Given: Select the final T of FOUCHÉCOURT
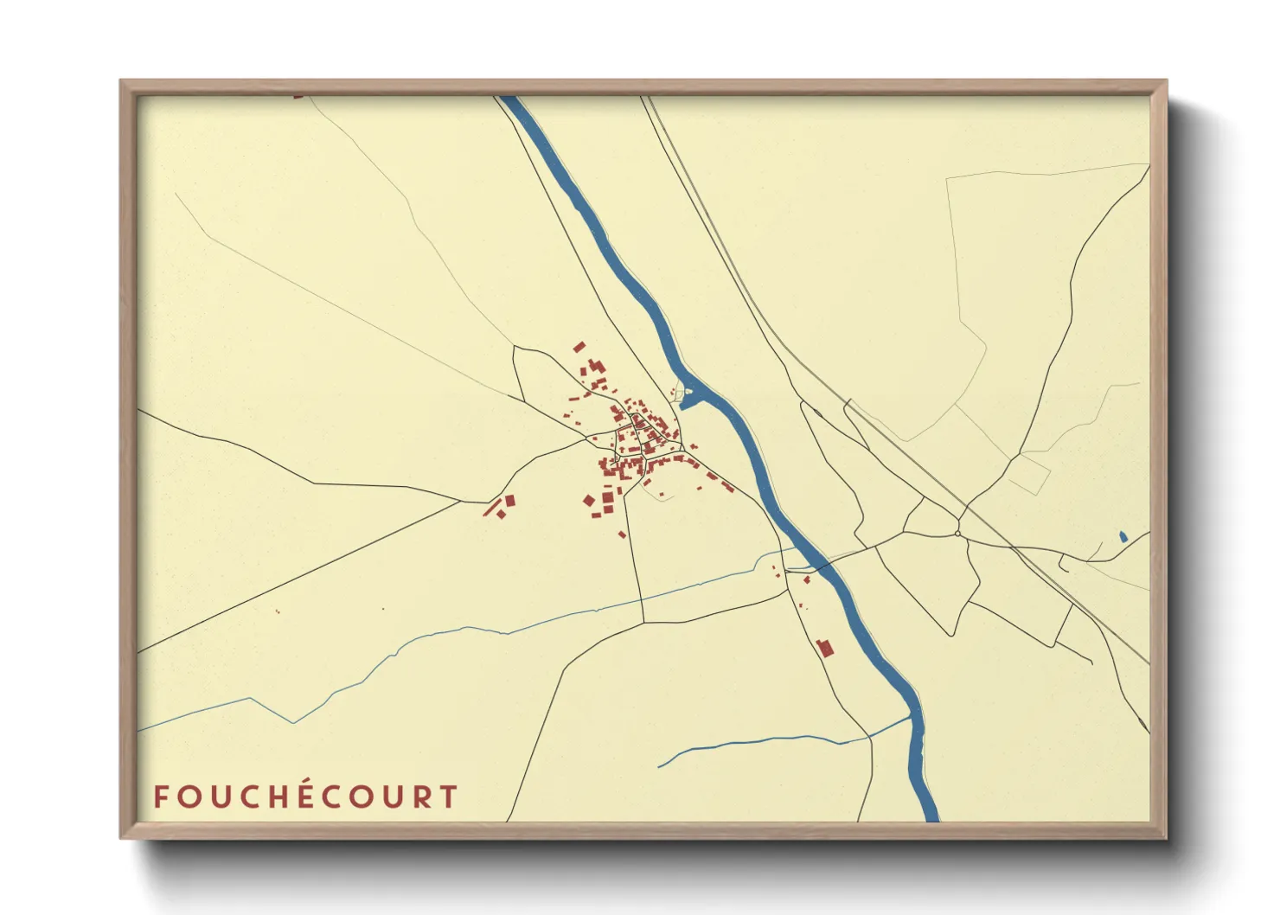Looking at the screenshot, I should tap(449, 797).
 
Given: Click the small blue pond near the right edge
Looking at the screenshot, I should tap(1123, 537).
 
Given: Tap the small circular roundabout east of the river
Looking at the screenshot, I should tap(958, 534).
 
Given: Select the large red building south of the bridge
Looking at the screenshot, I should tap(825, 647).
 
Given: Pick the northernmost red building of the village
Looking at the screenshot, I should tap(579, 347).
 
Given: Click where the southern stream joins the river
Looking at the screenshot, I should tap(910, 717).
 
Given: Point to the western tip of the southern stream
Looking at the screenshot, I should tap(660, 766).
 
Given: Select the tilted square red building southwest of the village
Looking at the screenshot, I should tap(589, 500).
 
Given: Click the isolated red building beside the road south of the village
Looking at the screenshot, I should tap(621, 534).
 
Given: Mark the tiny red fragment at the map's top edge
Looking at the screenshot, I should tap(298, 97).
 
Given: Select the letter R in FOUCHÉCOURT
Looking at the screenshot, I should tap(421, 797).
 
